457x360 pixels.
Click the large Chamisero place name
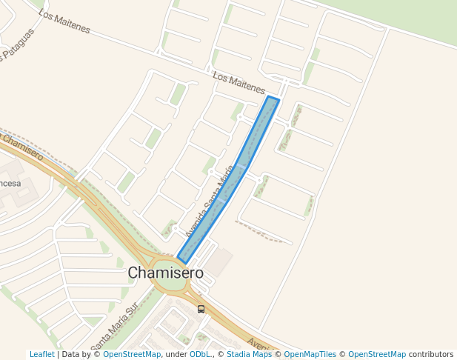[x=165, y=273]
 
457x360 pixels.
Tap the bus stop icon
[x=201, y=309]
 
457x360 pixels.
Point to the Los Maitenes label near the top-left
[x=64, y=22]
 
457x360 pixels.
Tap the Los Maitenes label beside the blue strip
[x=238, y=82]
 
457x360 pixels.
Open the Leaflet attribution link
[x=41, y=354]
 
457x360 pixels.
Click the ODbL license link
[x=200, y=354]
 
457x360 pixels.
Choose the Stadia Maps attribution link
[x=249, y=354]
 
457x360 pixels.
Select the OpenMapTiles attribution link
[x=310, y=354]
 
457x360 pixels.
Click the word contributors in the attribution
[x=430, y=354]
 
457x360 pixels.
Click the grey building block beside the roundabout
[x=217, y=261]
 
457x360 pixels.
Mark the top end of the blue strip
[x=272, y=100]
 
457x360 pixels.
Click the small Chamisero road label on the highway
[x=22, y=147]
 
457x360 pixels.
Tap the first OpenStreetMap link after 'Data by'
[x=132, y=354]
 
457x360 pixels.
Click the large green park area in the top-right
[x=415, y=19]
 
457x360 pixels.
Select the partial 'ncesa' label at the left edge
[x=10, y=183]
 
